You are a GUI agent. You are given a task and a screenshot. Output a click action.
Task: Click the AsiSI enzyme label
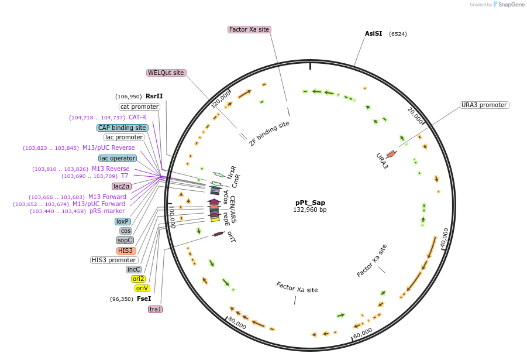373,33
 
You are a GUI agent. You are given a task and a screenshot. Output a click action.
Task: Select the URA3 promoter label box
484,105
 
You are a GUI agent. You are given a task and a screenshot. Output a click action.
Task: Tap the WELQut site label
166,73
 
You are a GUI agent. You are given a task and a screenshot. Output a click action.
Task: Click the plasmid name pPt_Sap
310,202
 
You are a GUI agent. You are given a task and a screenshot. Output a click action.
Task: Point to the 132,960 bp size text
310,210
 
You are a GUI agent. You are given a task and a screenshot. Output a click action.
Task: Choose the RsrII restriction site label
154,96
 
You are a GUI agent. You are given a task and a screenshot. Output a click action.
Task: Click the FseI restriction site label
144,299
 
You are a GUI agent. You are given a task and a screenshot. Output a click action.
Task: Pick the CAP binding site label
122,128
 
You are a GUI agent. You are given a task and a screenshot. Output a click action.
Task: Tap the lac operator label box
118,158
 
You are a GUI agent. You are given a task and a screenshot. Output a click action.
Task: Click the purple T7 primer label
125,176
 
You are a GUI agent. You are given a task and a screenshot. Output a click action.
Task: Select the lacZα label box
122,186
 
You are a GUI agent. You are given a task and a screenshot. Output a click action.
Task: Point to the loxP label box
123,221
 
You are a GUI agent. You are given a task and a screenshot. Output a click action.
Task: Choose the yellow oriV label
142,288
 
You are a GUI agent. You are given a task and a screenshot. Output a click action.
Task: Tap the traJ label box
155,309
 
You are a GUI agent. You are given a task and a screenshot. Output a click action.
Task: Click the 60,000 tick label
363,333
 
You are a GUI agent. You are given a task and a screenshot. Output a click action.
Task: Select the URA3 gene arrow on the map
391,154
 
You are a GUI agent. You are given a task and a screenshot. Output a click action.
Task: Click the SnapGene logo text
509,5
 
